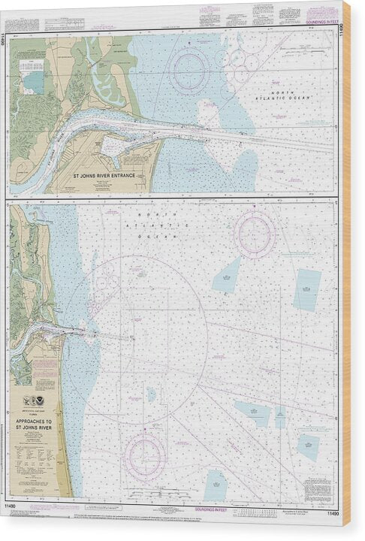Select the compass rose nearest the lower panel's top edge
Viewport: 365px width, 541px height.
[255, 234]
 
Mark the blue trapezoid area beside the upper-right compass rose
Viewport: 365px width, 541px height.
[226, 275]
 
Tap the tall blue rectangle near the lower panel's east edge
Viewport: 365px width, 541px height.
[306, 289]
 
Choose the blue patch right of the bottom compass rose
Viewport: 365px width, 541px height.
[215, 485]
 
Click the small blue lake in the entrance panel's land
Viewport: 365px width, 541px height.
[33, 79]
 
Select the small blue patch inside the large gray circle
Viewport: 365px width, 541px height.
[151, 393]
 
